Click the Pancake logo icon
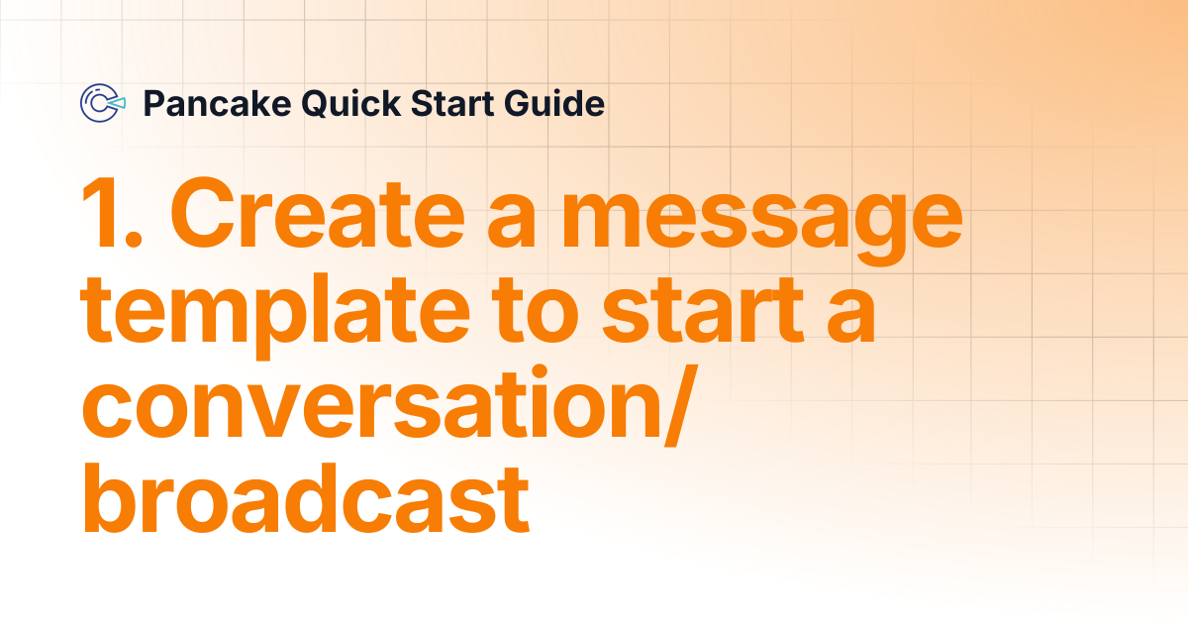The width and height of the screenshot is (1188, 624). point(103,103)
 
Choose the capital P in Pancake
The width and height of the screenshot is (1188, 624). point(153,103)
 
